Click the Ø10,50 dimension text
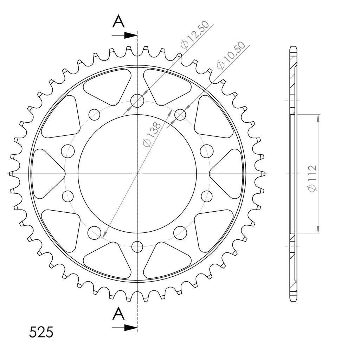[x=231, y=55]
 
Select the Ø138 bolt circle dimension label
[x=152, y=134]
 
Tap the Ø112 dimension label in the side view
[x=312, y=178]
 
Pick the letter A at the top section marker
[x=118, y=21]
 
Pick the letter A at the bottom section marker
[x=118, y=314]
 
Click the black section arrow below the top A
[x=124, y=36]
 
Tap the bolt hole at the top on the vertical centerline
[x=137, y=101]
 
